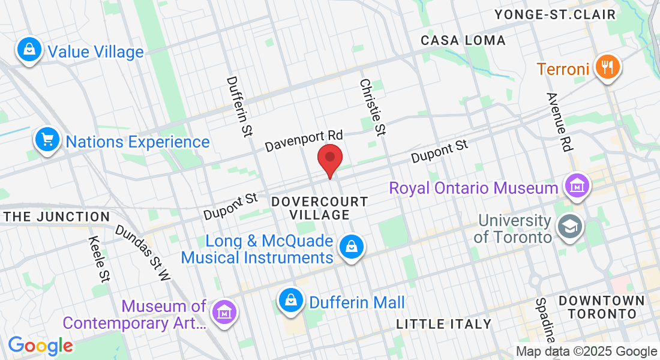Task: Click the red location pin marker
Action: click(329, 159)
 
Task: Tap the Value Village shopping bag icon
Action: click(29, 50)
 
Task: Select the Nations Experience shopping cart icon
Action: click(47, 140)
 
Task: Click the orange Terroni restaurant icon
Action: click(608, 68)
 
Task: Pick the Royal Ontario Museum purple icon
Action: click(577, 186)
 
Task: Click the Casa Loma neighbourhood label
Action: click(463, 41)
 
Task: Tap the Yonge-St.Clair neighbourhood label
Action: click(555, 14)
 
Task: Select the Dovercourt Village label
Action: click(319, 208)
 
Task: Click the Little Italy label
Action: click(444, 325)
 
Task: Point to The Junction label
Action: click(57, 217)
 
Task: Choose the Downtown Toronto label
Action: click(602, 307)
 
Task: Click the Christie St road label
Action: click(372, 107)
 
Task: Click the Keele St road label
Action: click(98, 259)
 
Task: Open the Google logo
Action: click(40, 346)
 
